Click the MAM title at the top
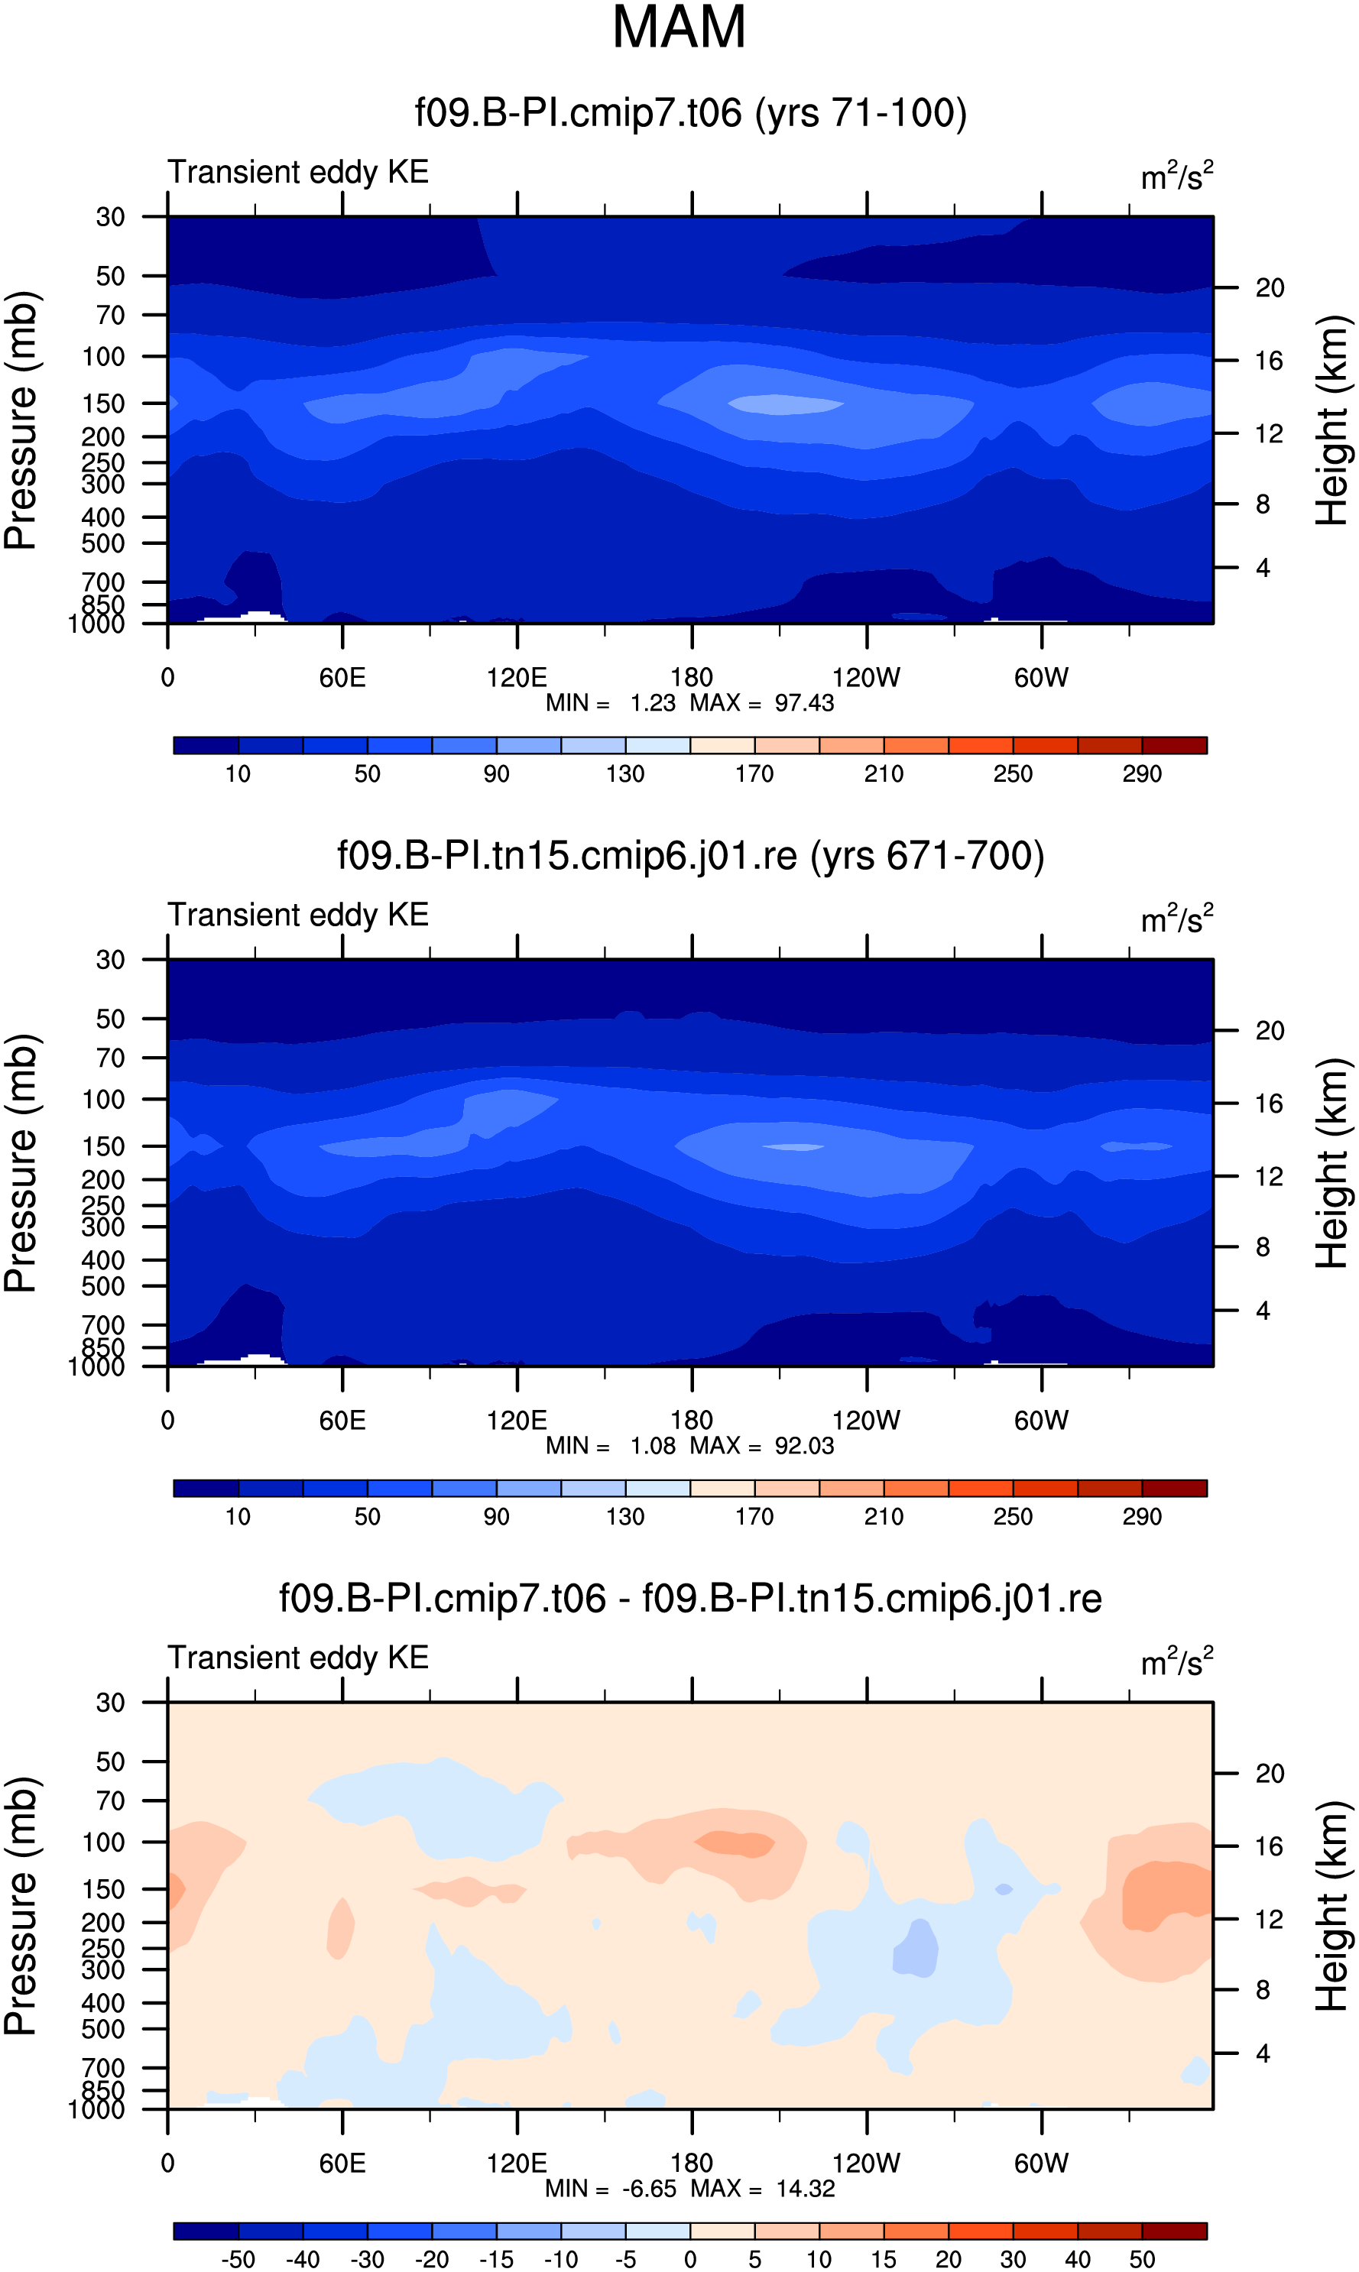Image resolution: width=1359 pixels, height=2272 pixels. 679,28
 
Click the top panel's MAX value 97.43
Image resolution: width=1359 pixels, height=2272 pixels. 804,703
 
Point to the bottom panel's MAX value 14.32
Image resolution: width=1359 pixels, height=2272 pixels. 805,2188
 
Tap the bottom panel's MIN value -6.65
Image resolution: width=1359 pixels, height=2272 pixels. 649,2188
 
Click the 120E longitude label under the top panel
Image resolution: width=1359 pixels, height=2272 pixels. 517,679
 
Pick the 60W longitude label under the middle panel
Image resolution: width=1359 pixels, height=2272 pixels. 1041,1421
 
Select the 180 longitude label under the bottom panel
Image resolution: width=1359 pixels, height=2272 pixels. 692,2163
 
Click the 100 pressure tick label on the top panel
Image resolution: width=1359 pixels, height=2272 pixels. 102,357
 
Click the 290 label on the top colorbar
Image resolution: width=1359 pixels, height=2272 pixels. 1142,773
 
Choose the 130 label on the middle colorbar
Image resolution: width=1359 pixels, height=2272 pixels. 625,1516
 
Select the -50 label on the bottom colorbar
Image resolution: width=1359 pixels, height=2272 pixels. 238,2258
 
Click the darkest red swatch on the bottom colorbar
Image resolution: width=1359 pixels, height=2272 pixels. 1174,2230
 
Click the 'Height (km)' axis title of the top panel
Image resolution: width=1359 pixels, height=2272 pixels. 1333,420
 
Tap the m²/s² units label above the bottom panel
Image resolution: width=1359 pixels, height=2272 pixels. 1177,1661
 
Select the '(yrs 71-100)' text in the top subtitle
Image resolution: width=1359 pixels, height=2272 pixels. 861,112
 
